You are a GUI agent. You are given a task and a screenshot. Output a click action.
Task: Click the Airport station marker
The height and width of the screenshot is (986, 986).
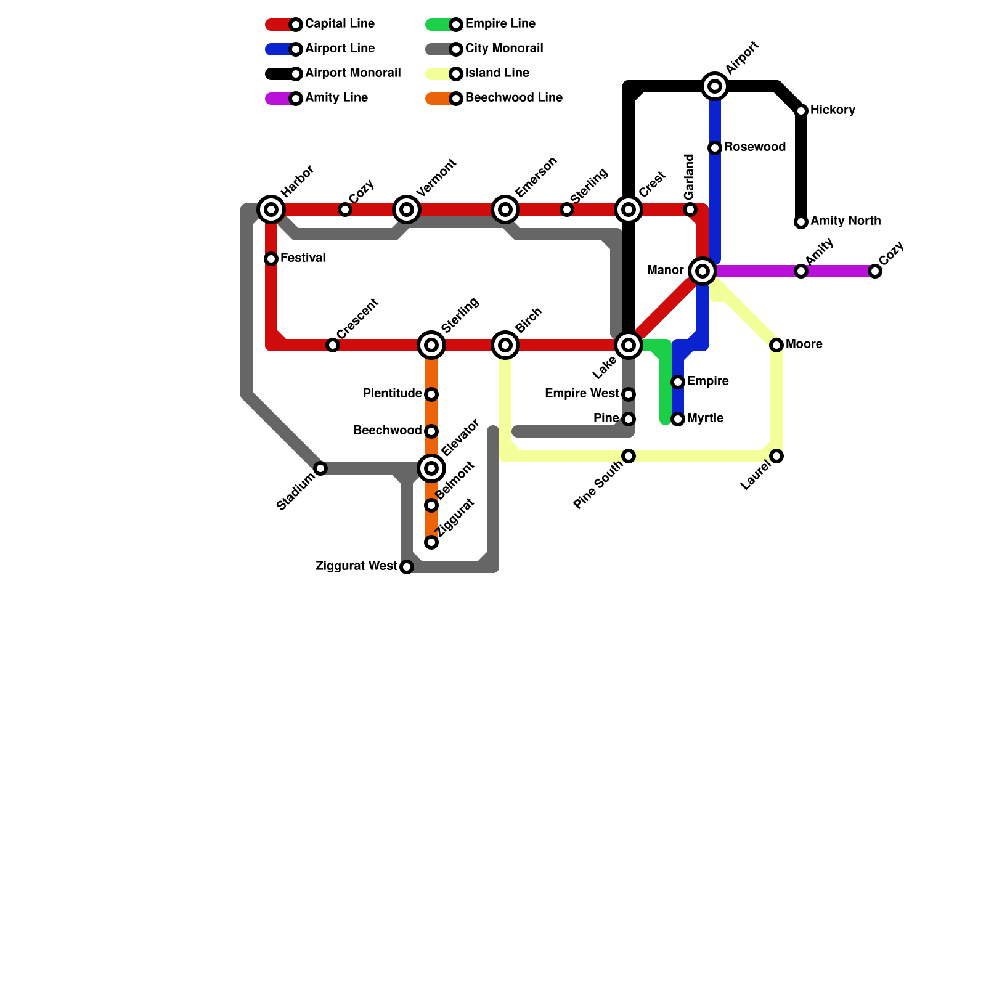715,86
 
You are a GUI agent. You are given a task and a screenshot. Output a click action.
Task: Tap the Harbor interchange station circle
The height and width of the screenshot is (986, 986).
271,210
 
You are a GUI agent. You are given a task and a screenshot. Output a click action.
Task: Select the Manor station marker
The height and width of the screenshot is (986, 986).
703,271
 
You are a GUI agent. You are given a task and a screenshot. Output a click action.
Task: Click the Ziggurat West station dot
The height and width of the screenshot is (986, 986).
407,567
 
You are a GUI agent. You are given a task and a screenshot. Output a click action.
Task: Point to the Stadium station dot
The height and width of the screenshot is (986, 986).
320,468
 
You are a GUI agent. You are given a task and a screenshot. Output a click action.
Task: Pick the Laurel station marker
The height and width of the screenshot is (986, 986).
776,456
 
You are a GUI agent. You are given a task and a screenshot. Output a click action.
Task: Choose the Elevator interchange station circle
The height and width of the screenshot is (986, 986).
431,468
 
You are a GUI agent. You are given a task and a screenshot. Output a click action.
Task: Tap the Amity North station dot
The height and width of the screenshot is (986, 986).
801,222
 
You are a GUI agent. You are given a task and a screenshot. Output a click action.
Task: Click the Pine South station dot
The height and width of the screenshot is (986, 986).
629,456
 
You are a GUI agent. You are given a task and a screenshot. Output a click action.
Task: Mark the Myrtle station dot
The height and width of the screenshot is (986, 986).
678,419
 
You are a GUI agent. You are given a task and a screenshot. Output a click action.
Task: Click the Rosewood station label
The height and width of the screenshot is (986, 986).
755,147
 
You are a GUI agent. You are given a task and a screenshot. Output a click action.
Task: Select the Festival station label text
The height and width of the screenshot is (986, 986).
303,258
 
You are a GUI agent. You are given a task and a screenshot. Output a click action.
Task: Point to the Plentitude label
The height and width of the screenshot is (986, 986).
392,394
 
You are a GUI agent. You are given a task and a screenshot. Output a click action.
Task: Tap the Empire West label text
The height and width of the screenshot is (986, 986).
582,394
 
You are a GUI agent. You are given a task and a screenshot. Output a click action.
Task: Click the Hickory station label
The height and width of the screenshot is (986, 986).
833,110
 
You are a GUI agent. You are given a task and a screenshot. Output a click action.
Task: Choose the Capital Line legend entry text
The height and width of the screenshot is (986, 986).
340,24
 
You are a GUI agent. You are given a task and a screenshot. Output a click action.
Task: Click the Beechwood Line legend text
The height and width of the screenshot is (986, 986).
513,98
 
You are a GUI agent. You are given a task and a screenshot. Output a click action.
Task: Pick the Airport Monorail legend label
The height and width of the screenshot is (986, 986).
352,73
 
